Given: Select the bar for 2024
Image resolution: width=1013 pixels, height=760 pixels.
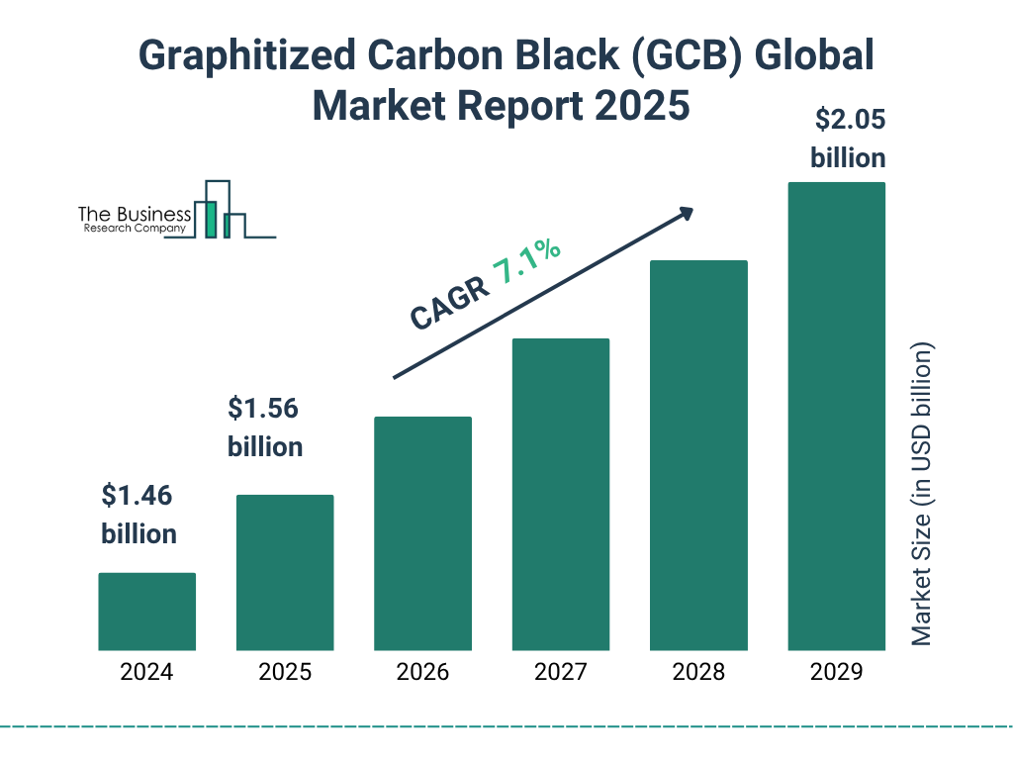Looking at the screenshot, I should coord(146,612).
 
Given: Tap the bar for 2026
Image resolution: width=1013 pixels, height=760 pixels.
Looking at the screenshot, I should coord(422,533).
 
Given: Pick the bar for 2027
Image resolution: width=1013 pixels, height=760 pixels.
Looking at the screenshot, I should coord(560,494).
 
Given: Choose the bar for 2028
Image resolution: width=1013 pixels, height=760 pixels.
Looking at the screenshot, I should coord(698,455).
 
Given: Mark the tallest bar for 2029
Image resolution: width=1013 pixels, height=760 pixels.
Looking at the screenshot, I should coord(836,416).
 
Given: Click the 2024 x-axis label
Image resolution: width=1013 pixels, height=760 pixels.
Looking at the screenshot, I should coord(146,673).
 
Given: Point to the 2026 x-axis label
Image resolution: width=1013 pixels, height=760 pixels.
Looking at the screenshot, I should coord(422,673).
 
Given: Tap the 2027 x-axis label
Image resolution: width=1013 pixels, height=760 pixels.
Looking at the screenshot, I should coord(560,673).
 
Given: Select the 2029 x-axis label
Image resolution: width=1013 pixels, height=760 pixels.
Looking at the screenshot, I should coord(836,673).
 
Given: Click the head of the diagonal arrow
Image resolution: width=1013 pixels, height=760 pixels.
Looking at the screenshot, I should coord(686,213).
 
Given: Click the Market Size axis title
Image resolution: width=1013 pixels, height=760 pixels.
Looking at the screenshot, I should coord(922,495).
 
